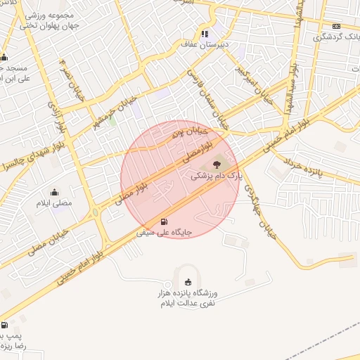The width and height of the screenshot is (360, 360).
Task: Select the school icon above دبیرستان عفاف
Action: (205, 33)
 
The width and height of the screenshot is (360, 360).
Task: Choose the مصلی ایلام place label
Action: (55, 203)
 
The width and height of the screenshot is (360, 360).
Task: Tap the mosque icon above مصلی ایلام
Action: (55, 192)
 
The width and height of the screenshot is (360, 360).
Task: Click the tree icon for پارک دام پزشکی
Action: (215, 165)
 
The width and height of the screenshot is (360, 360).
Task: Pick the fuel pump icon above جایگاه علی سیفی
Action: (165, 220)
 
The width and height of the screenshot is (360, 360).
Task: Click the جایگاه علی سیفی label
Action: (165, 231)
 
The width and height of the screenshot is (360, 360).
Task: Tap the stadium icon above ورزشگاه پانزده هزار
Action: (187, 281)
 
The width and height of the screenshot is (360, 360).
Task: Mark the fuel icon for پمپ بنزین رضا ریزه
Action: (5, 326)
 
